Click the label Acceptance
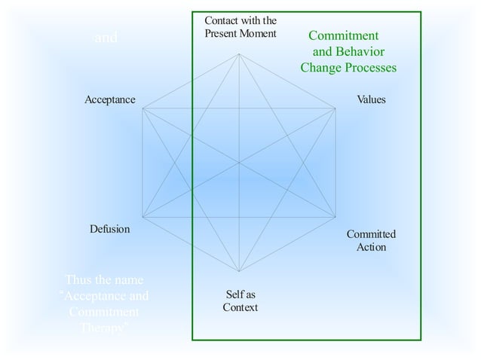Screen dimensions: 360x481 pyautogui.click(x=110, y=99)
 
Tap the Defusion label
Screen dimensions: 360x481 pyautogui.click(x=109, y=229)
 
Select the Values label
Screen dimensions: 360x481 pyautogui.click(x=370, y=99)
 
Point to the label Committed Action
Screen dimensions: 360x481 pyautogui.click(x=371, y=240)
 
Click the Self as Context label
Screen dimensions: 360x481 pyautogui.click(x=240, y=301)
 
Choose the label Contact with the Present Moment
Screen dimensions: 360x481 pyautogui.click(x=240, y=27)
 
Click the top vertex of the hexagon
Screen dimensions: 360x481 pyautogui.click(x=240, y=53)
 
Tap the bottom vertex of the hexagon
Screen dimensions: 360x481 pyautogui.click(x=240, y=271)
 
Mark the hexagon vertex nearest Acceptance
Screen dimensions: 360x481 pyautogui.click(x=142, y=108)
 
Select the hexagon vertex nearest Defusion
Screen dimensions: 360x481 pyautogui.click(x=142, y=217)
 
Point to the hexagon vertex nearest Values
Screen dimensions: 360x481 pyautogui.click(x=335, y=108)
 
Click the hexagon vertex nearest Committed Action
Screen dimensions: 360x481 pyautogui.click(x=335, y=217)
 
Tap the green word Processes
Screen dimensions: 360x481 pyautogui.click(x=369, y=68)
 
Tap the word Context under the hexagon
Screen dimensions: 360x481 pyautogui.click(x=240, y=307)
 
